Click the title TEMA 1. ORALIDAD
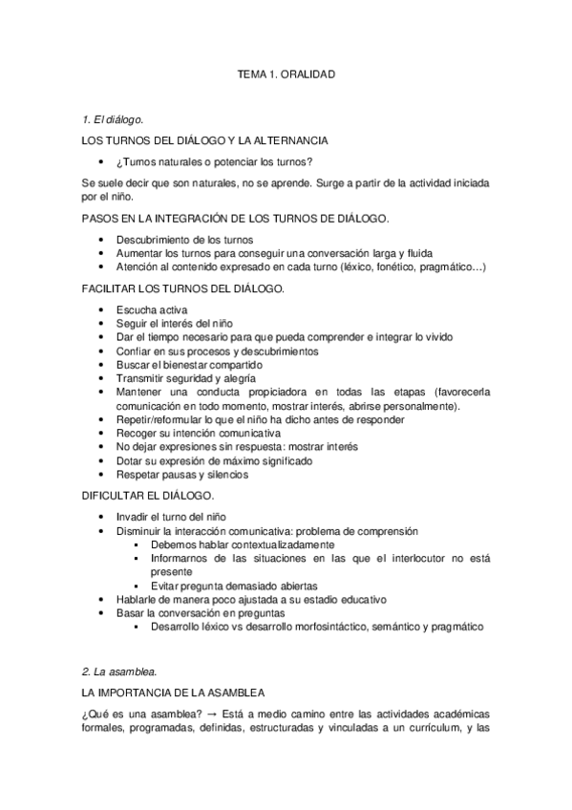[286, 73]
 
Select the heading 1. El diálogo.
[113, 119]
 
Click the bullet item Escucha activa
[152, 310]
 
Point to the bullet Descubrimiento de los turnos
[185, 239]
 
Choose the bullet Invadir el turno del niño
[177, 517]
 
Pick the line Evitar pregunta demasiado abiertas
[234, 586]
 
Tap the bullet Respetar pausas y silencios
[182, 475]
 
